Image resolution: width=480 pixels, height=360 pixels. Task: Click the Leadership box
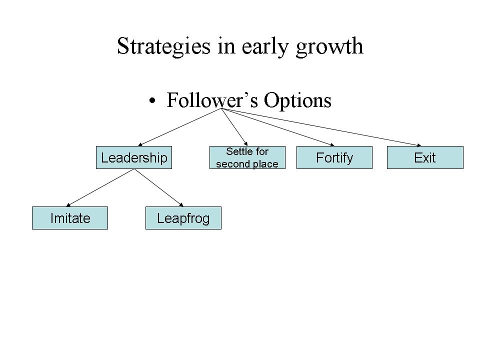(134, 157)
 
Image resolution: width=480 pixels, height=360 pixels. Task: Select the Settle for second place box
(247, 157)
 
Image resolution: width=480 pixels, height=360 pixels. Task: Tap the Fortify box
(334, 157)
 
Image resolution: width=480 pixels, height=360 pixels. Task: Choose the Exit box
(425, 157)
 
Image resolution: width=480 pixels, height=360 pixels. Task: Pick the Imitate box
(70, 218)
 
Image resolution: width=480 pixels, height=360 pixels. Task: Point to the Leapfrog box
(183, 218)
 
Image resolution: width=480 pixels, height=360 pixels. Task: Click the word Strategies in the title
(164, 46)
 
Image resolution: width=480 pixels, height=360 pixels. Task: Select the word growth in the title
(329, 46)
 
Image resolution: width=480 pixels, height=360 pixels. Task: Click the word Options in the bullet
(297, 100)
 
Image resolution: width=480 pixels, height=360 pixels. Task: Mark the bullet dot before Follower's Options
(152, 100)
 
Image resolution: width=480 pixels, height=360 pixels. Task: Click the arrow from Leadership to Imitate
(100, 187)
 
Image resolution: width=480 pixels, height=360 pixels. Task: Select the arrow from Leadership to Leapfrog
(158, 187)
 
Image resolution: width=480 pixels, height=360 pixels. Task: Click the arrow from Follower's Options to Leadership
(179, 127)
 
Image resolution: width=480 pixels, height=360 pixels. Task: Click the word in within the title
(226, 46)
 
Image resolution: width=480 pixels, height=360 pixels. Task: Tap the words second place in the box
(247, 164)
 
